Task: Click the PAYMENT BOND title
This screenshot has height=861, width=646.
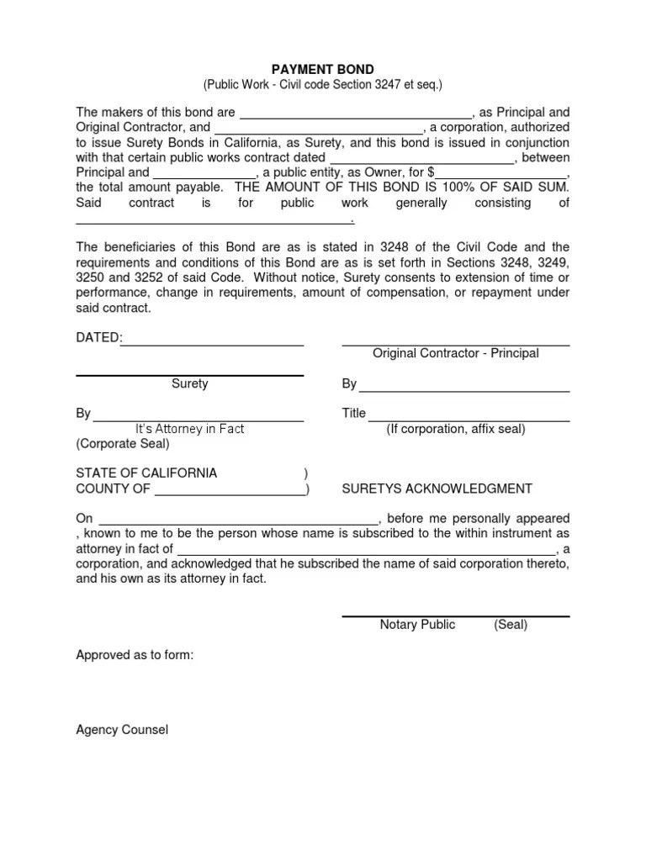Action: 322,69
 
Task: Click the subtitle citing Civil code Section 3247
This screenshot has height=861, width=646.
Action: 322,85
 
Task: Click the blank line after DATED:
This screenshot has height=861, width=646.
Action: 213,343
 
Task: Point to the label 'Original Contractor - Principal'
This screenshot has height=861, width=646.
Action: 456,354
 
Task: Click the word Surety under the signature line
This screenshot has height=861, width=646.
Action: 190,384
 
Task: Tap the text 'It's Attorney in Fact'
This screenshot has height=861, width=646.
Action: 190,429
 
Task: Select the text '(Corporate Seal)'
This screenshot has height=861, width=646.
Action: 123,444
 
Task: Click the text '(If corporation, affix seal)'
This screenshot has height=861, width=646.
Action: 456,429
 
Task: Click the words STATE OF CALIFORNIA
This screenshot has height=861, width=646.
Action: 146,473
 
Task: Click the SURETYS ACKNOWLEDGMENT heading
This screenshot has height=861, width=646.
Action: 437,489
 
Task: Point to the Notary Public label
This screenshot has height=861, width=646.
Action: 417,625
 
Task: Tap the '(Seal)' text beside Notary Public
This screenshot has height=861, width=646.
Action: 511,625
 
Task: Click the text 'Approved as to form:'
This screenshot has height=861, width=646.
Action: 135,654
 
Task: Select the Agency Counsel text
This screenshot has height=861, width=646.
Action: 122,730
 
